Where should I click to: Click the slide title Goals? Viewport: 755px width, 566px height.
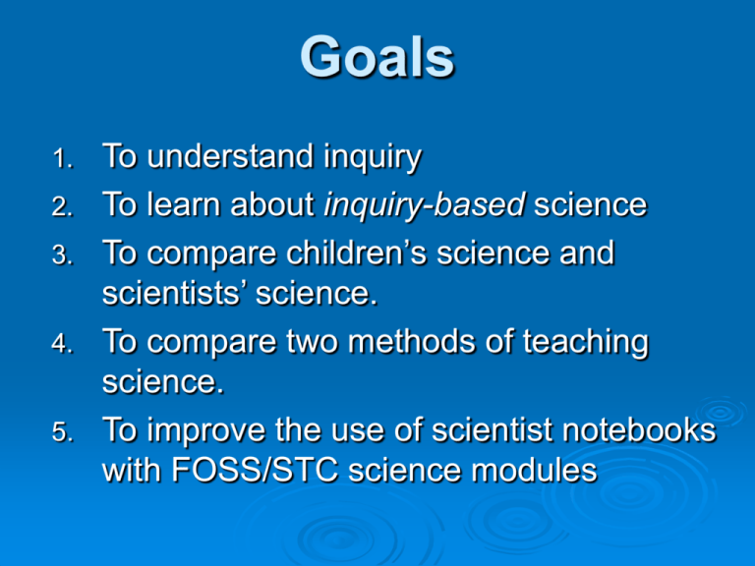click(377, 58)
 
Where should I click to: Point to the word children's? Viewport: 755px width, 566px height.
click(355, 254)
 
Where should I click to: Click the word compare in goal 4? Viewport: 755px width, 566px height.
click(205, 344)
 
